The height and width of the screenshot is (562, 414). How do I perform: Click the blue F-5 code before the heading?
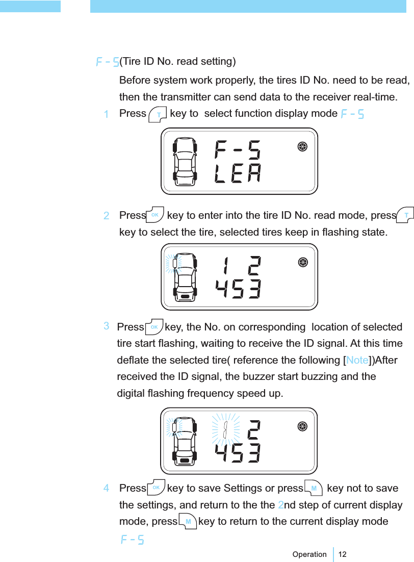tap(108, 62)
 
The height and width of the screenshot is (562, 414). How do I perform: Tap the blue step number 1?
tap(106, 114)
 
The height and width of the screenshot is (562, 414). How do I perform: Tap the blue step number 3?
tap(106, 325)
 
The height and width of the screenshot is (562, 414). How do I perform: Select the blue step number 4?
tap(106, 489)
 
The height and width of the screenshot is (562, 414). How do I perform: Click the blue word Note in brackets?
tap(357, 361)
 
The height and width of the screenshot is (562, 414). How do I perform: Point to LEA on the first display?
tap(237, 174)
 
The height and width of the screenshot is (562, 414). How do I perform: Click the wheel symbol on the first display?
tap(302, 146)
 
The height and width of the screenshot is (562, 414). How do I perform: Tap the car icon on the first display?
tap(185, 161)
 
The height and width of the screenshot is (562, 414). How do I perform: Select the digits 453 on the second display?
tap(238, 290)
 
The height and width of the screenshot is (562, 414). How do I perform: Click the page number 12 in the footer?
tap(343, 554)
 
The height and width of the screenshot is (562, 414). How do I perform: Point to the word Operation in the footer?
tap(309, 554)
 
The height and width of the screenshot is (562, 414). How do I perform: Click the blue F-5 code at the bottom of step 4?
tap(132, 539)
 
